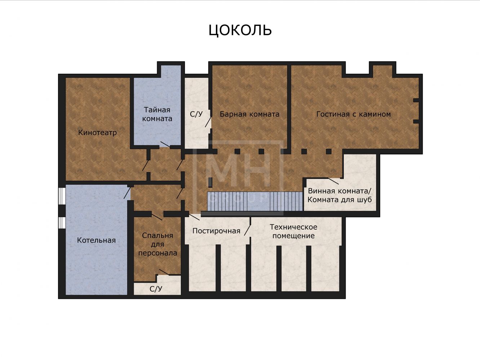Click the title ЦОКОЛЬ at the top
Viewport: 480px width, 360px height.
pos(240,30)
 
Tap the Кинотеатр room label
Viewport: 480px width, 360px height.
pos(98,132)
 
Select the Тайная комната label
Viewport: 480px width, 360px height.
pos(157,114)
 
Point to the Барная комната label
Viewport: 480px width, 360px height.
pos(249,114)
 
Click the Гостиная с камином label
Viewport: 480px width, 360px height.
pos(354,114)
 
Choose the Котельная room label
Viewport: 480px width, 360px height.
pos(96,240)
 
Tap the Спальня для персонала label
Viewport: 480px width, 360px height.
pos(157,244)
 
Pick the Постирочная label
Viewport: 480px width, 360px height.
pos(216,231)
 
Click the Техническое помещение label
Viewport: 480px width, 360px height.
pos(293,231)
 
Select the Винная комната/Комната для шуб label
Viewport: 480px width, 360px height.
pos(339,195)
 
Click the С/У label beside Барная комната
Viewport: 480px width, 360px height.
pos(196,114)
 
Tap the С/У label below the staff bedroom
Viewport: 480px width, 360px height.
pos(156,289)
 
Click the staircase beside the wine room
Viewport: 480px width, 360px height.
pos(255,201)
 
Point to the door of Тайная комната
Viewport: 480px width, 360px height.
pos(165,144)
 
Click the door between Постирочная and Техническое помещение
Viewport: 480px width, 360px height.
pos(247,230)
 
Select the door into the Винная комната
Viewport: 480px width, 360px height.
pos(333,181)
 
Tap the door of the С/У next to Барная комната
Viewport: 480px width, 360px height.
pos(208,122)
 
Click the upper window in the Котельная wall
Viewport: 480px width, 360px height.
pos(62,196)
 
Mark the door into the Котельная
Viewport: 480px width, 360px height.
pos(127,193)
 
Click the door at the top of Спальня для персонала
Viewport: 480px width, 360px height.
pos(157,217)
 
